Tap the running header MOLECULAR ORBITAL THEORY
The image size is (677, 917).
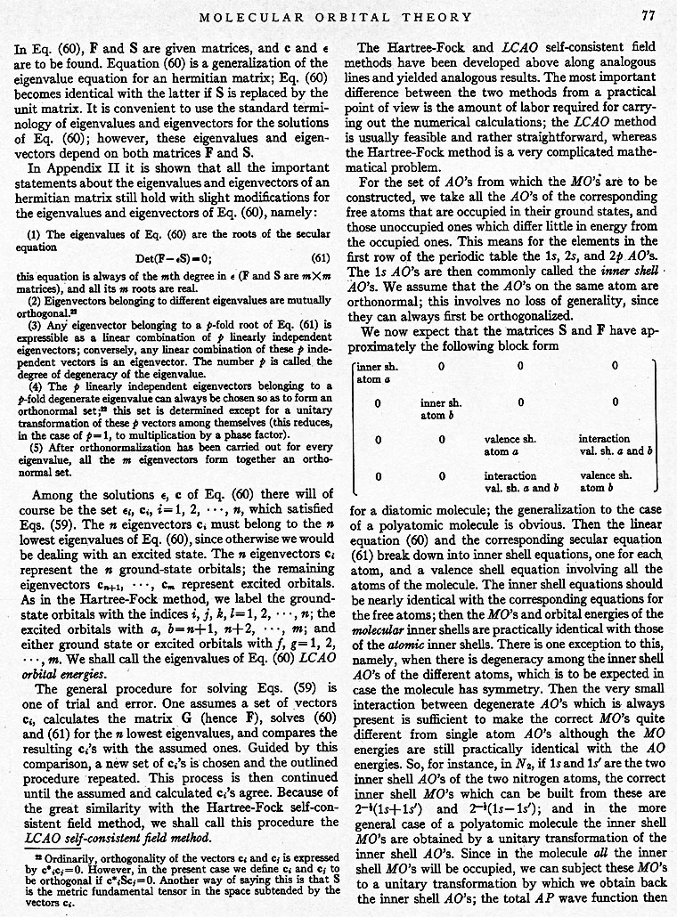(x=348, y=16)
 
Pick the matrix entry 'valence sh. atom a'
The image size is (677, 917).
(x=509, y=445)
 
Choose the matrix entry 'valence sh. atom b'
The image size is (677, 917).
(x=604, y=482)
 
